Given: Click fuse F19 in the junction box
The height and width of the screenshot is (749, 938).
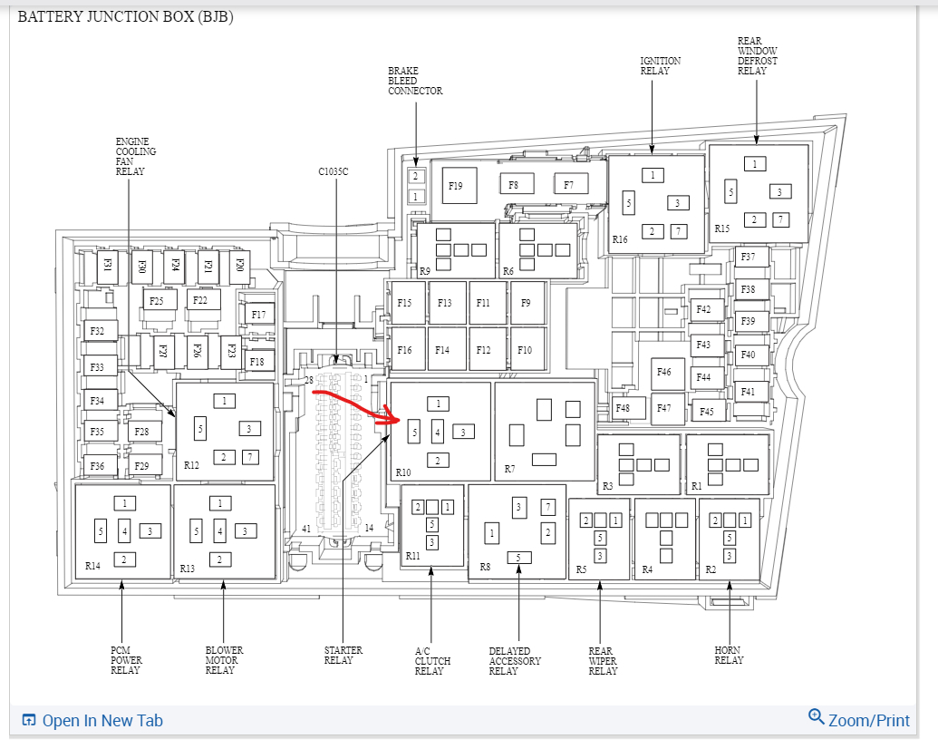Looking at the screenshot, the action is click(x=455, y=186).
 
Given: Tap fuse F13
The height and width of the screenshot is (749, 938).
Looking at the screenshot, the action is click(x=444, y=303).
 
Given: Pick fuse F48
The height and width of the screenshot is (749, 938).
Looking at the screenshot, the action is click(x=624, y=408).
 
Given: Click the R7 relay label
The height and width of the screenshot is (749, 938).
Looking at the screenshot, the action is click(x=510, y=470).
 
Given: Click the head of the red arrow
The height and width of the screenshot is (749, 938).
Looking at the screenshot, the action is click(x=397, y=419).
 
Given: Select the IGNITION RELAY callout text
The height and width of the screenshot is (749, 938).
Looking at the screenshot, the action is click(x=660, y=66).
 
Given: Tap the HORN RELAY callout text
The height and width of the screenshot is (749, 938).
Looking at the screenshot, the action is click(x=729, y=656).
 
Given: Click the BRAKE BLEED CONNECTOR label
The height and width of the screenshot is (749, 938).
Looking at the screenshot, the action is click(x=415, y=81).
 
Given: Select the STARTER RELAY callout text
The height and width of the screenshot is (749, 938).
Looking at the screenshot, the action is click(x=343, y=656).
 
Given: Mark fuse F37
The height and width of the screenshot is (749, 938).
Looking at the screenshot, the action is click(x=749, y=258).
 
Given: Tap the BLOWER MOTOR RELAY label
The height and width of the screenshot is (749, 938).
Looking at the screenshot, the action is click(x=224, y=661).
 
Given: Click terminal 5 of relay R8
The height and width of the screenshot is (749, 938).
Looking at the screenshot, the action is click(x=518, y=558).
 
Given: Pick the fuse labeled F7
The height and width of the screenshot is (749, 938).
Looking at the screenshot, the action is click(x=569, y=185).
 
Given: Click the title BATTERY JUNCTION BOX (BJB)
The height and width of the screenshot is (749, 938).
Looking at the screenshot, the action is click(x=126, y=17).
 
